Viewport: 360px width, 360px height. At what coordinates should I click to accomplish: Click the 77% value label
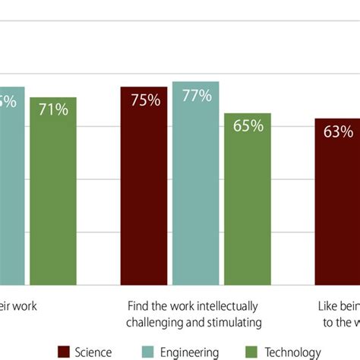point(196,96)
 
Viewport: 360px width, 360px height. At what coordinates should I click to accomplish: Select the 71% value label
point(53,110)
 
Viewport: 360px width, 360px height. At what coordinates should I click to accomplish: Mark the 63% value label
point(338,131)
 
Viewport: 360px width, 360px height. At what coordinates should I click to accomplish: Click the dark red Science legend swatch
point(65,352)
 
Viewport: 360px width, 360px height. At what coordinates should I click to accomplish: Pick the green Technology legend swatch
point(249,352)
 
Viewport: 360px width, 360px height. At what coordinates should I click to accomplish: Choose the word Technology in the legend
point(291,352)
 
